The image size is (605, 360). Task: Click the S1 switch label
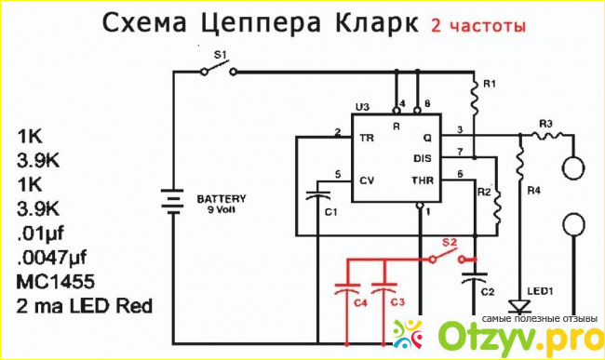221,55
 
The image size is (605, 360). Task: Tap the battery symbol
172,202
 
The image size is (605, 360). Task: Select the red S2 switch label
450,243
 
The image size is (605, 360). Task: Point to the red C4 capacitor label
360,303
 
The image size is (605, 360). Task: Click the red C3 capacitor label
397,301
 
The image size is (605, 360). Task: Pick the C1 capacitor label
330,212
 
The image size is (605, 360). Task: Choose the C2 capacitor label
488,292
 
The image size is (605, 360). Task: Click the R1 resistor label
490,84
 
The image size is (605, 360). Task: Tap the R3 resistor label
545,124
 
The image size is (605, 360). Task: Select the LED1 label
540,291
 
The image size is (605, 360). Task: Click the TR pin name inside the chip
366,138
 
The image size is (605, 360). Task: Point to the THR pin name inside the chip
423,180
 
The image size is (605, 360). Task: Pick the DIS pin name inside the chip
423,158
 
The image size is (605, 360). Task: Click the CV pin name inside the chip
366,180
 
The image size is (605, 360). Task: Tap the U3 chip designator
362,107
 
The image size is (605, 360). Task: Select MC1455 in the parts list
56,282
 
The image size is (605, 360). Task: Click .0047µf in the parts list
52,258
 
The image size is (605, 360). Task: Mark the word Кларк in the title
376,22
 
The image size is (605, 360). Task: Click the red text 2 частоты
478,25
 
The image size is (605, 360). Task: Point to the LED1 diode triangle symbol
519,306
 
